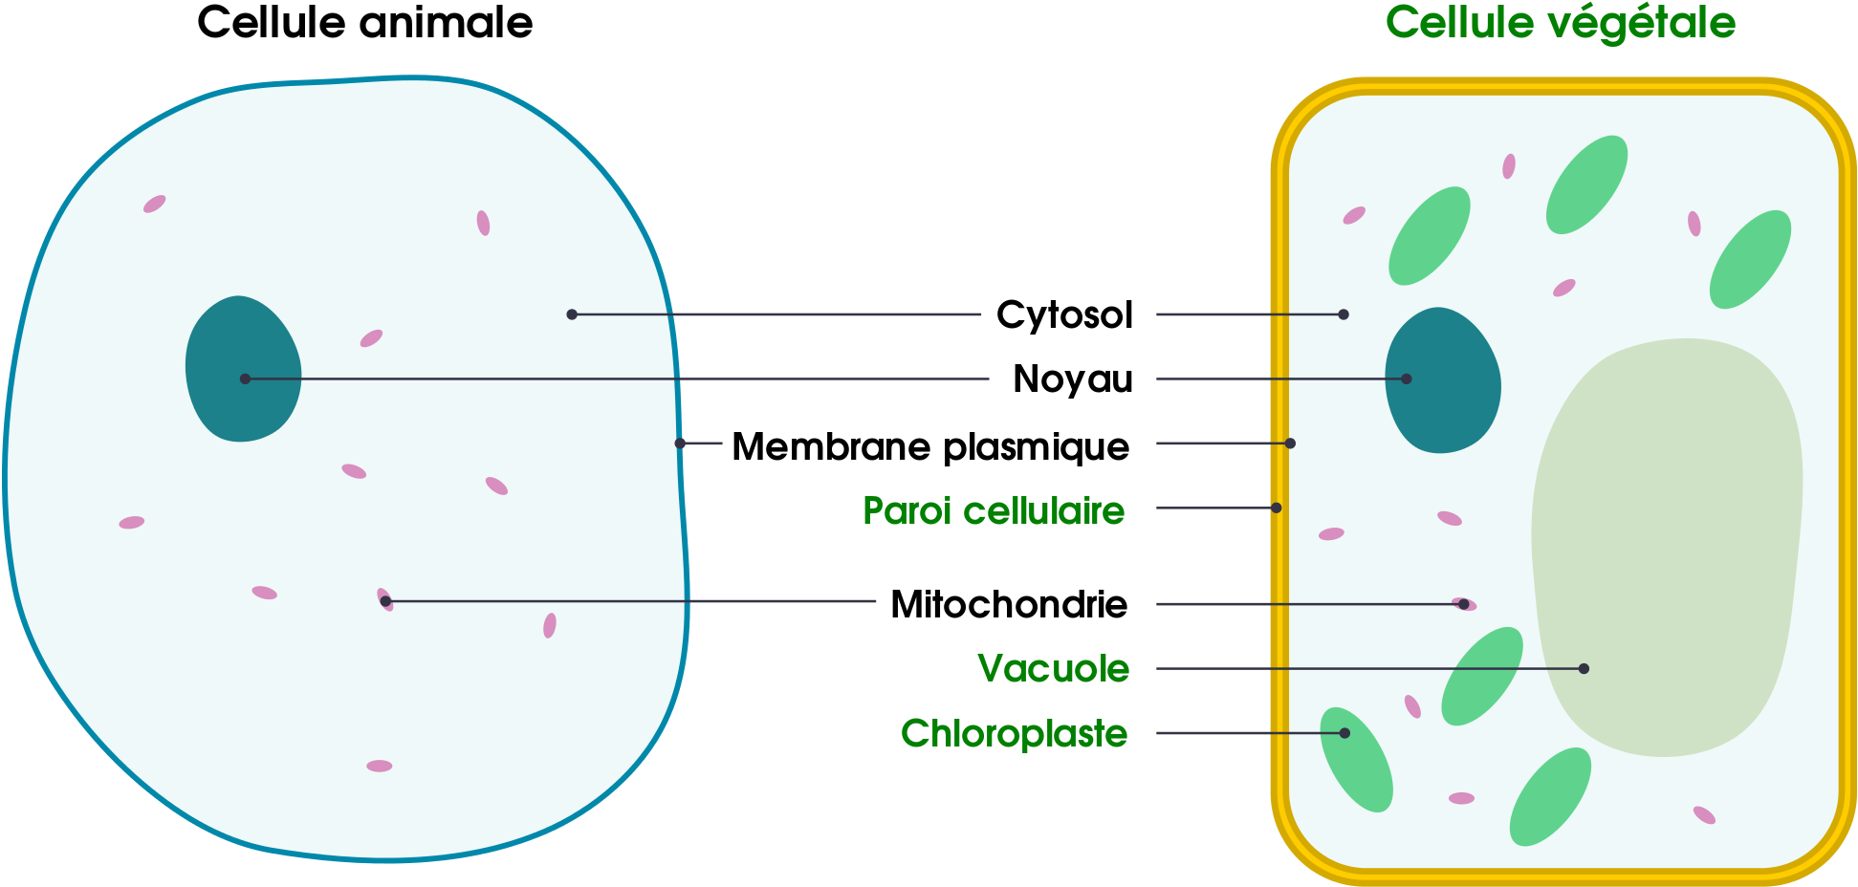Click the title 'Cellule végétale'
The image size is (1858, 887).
1560,23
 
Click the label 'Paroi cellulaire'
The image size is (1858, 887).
994,511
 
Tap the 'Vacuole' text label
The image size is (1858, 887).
1053,669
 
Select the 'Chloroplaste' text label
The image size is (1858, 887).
1014,734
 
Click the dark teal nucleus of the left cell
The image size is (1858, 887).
243,369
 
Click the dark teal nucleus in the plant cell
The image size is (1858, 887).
1442,380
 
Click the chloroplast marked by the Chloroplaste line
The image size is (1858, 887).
1356,759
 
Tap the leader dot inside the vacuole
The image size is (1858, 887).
1584,669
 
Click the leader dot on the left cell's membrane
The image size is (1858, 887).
680,443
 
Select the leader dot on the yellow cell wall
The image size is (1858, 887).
1276,508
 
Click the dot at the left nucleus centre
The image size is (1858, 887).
245,379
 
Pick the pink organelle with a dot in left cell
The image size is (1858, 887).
384,599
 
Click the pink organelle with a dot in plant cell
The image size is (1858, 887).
1464,604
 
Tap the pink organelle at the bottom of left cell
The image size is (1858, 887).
379,766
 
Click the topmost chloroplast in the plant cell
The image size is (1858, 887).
1586,184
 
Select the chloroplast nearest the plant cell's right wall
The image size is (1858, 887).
1750,259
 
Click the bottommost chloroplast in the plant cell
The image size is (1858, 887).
1550,796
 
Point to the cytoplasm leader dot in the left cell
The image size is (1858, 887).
572,314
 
